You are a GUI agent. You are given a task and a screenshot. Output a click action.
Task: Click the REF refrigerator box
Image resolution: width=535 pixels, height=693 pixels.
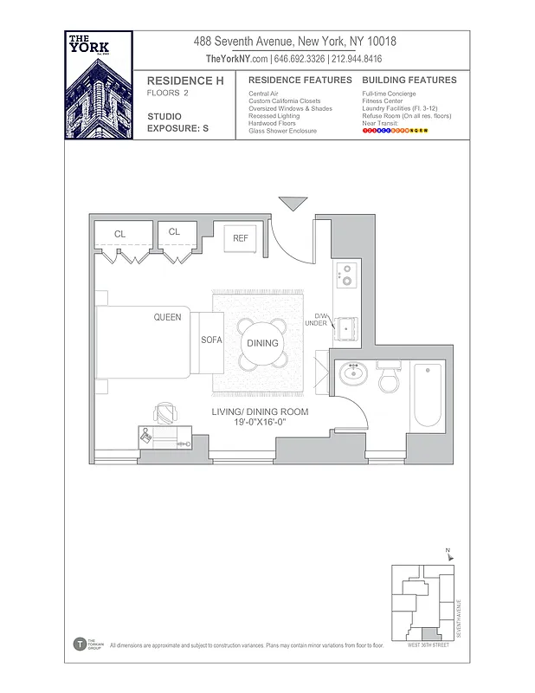(x=240, y=239)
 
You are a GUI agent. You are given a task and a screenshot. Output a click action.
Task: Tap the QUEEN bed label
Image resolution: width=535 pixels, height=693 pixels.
(x=167, y=317)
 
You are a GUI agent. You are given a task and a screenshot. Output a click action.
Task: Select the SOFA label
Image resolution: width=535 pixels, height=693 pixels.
(x=212, y=340)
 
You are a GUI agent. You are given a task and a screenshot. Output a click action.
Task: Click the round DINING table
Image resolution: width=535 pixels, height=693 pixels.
(x=262, y=343)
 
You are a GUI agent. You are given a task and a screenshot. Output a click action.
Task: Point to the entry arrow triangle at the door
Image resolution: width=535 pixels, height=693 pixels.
(x=293, y=204)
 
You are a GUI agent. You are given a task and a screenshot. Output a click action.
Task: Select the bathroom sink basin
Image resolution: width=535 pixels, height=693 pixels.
(x=353, y=376)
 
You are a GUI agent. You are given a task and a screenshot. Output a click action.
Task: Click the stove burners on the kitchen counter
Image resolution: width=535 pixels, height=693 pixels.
(x=346, y=275)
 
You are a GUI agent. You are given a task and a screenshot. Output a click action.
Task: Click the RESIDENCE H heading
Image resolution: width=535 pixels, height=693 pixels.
(x=179, y=81)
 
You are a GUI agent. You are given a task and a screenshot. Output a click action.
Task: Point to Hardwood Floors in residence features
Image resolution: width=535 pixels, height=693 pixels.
(x=272, y=123)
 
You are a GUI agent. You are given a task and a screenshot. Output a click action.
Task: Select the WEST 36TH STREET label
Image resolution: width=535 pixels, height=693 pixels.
(x=429, y=645)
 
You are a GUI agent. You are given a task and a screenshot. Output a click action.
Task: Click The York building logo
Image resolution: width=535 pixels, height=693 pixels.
(x=99, y=85)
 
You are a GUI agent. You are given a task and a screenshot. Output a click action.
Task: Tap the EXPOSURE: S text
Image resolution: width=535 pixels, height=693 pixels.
(x=177, y=128)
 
